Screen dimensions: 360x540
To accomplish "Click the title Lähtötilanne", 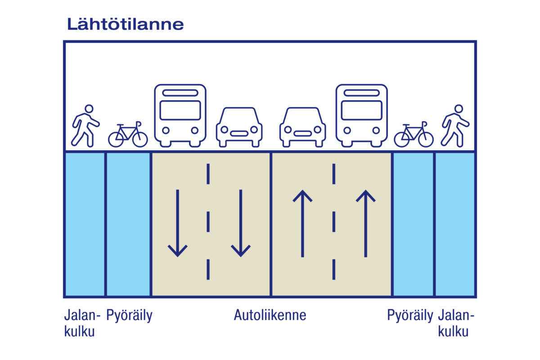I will pyautogui.click(x=125, y=24).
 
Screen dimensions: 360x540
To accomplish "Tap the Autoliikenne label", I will pyautogui.click(x=270, y=315).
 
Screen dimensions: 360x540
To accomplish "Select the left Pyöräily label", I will pyautogui.click(x=129, y=315).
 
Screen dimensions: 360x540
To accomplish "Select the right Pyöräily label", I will pyautogui.click(x=410, y=315).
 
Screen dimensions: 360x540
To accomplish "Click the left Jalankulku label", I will pyautogui.click(x=80, y=324).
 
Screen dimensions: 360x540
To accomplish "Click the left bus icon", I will pyautogui.click(x=180, y=115).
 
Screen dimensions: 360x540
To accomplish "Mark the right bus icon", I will pyautogui.click(x=362, y=115).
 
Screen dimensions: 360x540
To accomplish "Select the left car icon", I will pyautogui.click(x=239, y=127).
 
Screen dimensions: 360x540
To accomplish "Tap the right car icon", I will pyautogui.click(x=302, y=127).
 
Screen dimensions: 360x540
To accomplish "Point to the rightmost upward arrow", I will pyautogui.click(x=366, y=223).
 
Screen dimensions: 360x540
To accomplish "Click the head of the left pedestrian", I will pyautogui.click(x=89, y=108).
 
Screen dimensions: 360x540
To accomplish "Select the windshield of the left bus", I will pyautogui.click(x=180, y=110).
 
